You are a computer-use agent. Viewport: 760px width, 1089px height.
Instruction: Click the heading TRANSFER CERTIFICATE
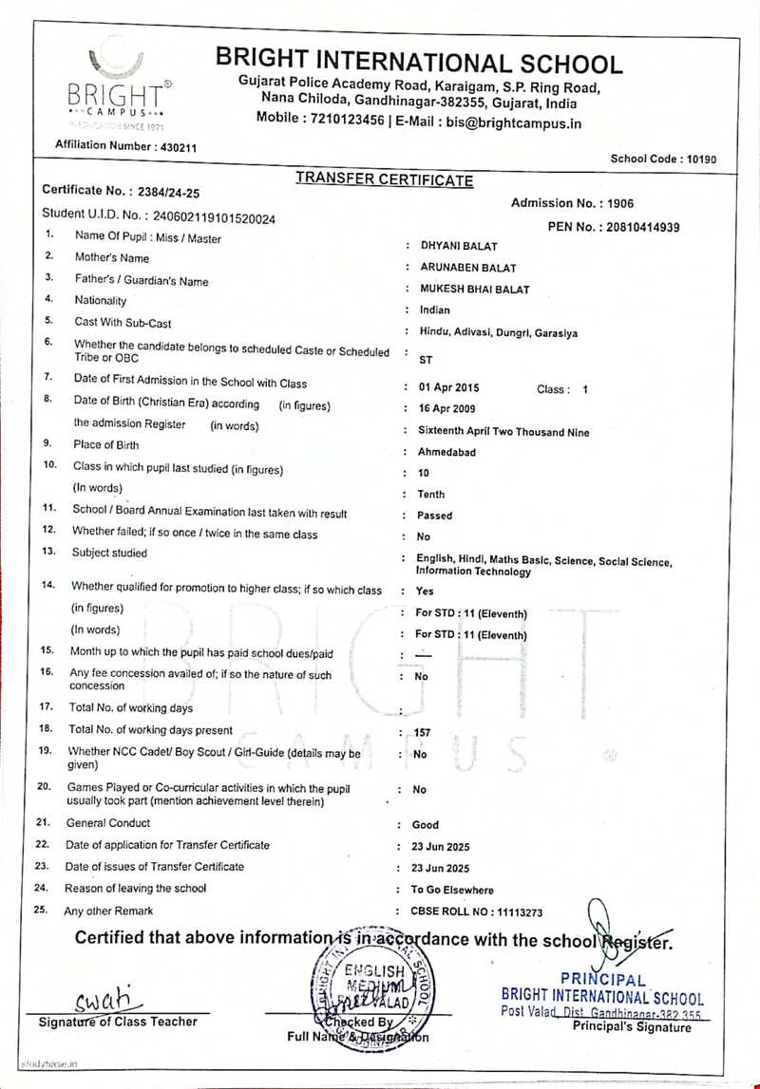coord(384,179)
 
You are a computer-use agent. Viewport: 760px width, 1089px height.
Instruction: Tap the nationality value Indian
coord(435,310)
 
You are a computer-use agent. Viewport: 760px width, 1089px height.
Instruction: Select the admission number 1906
coord(621,203)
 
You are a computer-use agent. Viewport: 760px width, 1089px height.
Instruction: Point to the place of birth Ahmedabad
coord(447,452)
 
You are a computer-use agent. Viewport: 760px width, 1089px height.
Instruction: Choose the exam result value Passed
coord(434,516)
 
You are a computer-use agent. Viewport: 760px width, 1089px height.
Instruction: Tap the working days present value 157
coord(423,733)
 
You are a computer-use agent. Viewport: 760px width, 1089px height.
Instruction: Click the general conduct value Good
coord(426,825)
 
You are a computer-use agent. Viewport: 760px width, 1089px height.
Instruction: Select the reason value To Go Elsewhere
coord(452,891)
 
